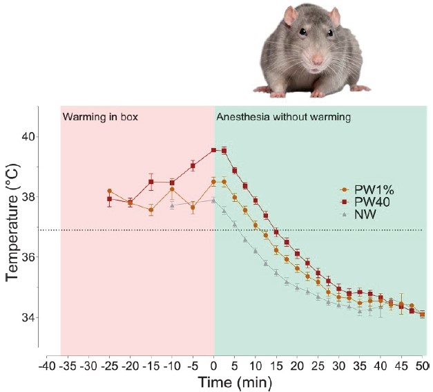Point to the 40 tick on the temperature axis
[x=29, y=137]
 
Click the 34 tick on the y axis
[x=29, y=317]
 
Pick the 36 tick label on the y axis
[x=29, y=257]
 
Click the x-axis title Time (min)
[x=235, y=382]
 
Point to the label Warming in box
[x=101, y=117]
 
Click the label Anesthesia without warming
[x=284, y=117]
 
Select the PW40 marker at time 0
[x=214, y=150]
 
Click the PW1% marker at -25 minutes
[x=109, y=191]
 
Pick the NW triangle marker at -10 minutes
[x=172, y=205]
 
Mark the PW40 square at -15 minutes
[x=151, y=182]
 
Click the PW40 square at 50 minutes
[x=422, y=314]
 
